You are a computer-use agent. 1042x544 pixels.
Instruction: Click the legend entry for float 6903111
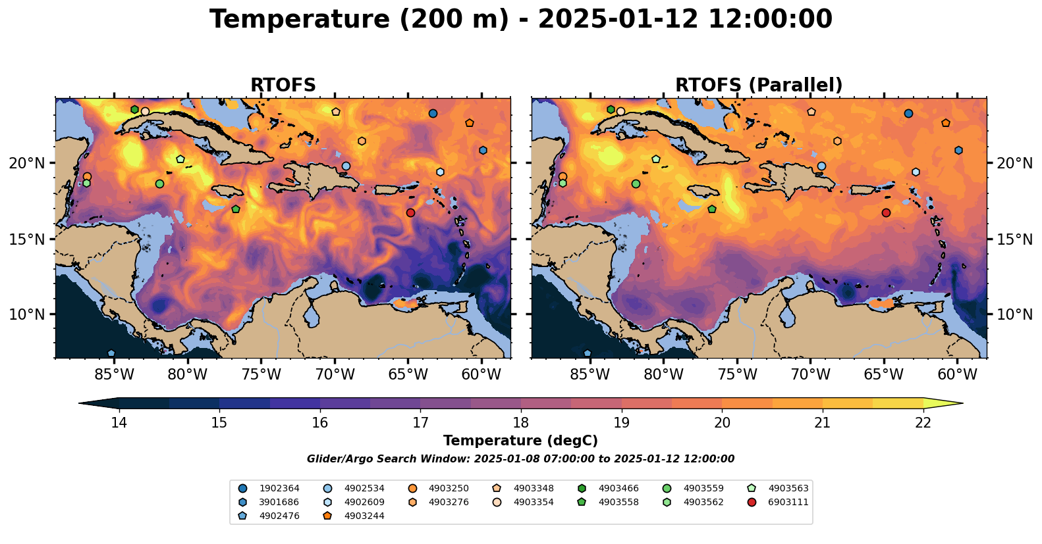788,502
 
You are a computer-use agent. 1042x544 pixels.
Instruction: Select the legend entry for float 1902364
279,488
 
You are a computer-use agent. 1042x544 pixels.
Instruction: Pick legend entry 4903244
364,516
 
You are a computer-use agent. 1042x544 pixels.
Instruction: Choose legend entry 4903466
618,488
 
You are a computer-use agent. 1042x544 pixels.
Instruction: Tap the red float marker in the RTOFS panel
410,212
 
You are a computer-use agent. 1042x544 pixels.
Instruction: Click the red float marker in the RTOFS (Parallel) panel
886,212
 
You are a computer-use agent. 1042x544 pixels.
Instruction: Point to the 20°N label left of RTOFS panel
27,163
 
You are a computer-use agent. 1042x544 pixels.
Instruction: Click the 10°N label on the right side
1014,314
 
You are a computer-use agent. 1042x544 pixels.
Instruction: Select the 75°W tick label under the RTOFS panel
261,375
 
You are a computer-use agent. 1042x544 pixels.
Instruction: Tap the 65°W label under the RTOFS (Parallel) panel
883,375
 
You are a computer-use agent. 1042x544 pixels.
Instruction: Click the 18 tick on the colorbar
520,422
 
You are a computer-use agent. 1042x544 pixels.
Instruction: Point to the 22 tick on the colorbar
923,422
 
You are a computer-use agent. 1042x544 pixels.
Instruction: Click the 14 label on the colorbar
119,422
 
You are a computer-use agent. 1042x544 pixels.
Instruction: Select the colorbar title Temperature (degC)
520,441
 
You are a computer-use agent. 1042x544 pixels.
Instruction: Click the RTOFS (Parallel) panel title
759,86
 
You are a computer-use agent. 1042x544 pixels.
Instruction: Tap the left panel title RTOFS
283,86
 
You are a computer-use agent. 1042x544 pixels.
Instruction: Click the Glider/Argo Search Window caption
520,459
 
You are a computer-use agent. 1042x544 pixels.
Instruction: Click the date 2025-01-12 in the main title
617,20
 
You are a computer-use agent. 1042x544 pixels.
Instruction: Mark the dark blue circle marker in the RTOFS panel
433,113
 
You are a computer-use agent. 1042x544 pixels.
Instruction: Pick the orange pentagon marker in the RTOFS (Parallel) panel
946,123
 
